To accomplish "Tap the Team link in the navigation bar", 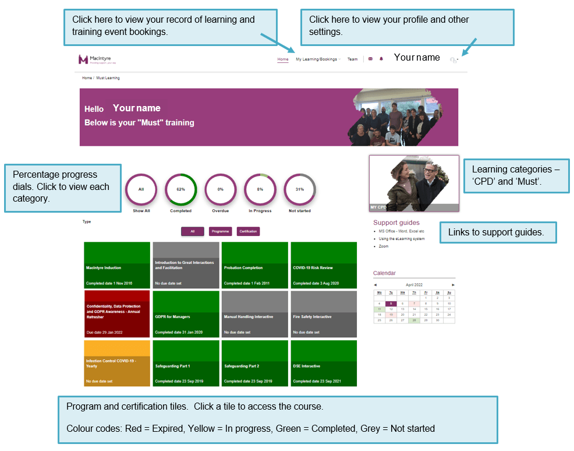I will pyautogui.click(x=352, y=59).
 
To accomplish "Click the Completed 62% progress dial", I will pyautogui.click(x=180, y=189).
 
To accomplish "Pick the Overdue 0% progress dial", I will pyautogui.click(x=220, y=189).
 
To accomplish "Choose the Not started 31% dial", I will pyautogui.click(x=300, y=189).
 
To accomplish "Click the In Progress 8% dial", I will pyautogui.click(x=260, y=189).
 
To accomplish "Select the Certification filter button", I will pyautogui.click(x=248, y=231).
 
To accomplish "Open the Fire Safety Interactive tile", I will pyautogui.click(x=323, y=314).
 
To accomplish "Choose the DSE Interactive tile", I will pyautogui.click(x=323, y=363).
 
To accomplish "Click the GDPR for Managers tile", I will pyautogui.click(x=186, y=314).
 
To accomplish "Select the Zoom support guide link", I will pyautogui.click(x=384, y=246).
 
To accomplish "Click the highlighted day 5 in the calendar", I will pyautogui.click(x=391, y=304).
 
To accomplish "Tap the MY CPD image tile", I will pyautogui.click(x=414, y=183).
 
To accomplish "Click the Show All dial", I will pyautogui.click(x=141, y=189).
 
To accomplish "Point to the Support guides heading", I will pyautogui.click(x=396, y=223).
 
